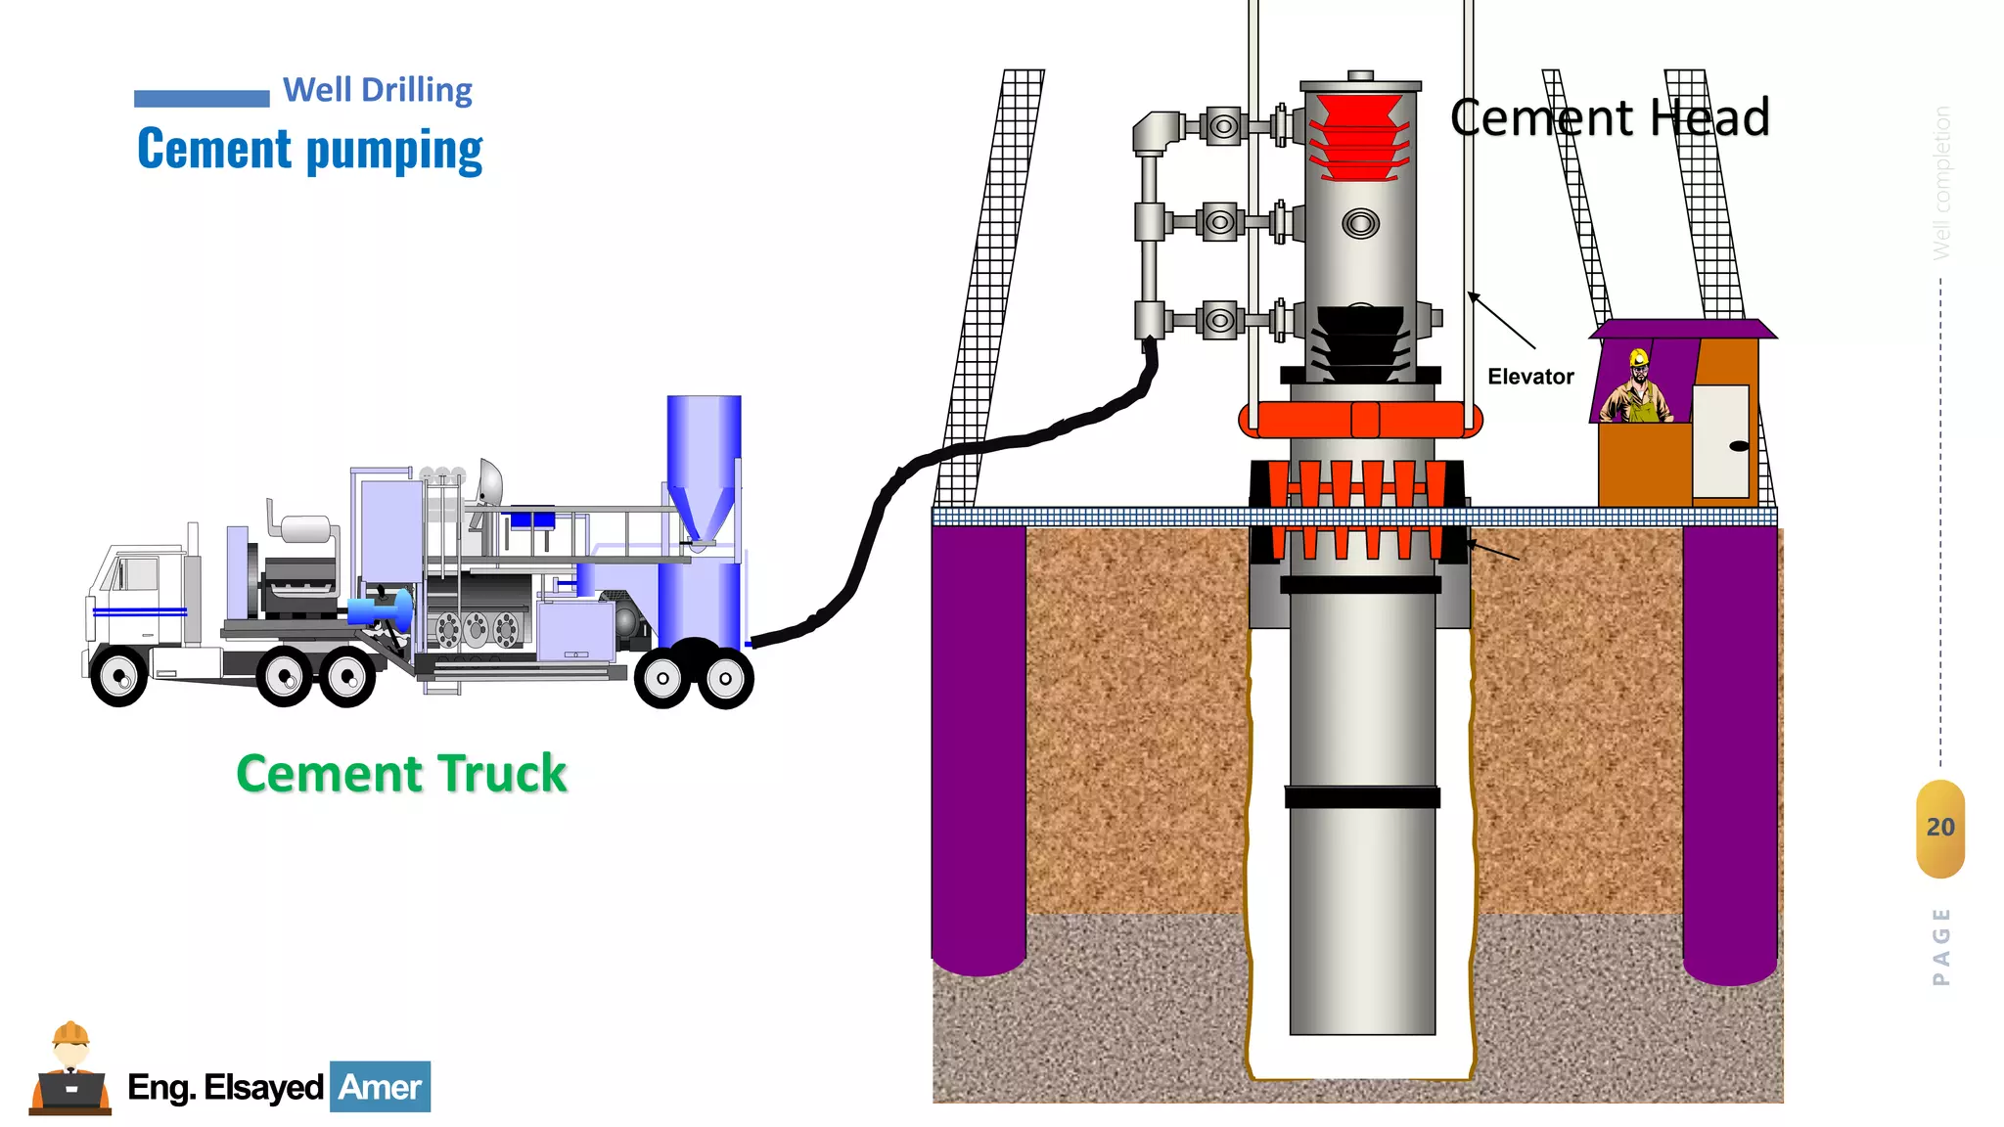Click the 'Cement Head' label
click(x=1610, y=118)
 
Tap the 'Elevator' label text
click(x=1530, y=377)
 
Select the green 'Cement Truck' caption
click(x=401, y=774)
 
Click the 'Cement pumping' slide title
click(x=310, y=150)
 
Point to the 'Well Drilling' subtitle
click(x=378, y=90)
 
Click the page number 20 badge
click(x=1939, y=828)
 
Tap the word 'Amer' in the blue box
click(x=380, y=1087)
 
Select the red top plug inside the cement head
click(x=1358, y=137)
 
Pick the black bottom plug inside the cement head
click(x=1361, y=342)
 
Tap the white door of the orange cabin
click(x=1720, y=441)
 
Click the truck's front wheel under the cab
click(x=119, y=676)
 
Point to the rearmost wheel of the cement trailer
click(x=725, y=678)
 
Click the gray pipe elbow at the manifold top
click(x=1156, y=131)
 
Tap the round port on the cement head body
click(x=1360, y=224)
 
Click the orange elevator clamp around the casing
click(x=1360, y=420)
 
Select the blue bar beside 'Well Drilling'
click(x=202, y=98)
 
